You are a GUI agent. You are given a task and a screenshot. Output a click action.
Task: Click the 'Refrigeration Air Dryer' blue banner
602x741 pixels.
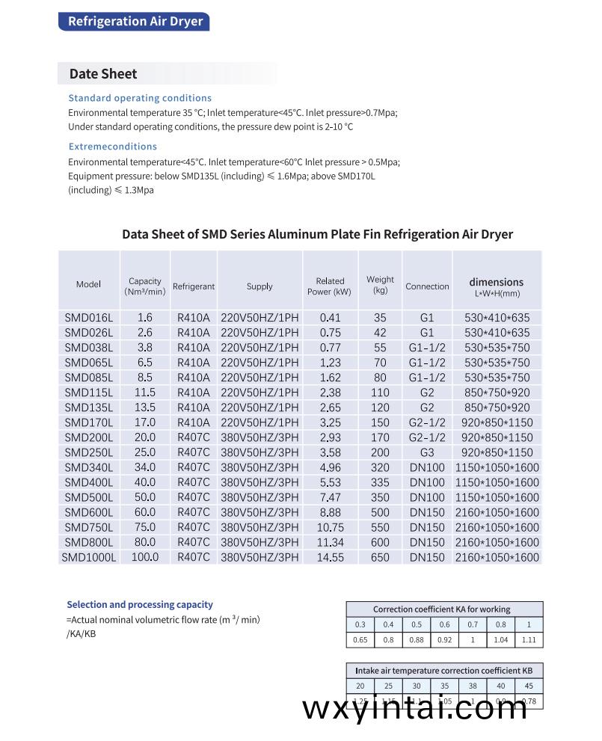[135, 21]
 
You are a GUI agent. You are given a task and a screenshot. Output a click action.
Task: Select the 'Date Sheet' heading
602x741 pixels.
[103, 74]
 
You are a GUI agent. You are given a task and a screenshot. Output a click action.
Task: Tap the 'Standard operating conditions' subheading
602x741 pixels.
[140, 98]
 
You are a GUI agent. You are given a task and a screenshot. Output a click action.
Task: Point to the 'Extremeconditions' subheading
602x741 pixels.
[113, 147]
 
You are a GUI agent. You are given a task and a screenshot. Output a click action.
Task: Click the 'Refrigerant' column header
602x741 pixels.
[194, 286]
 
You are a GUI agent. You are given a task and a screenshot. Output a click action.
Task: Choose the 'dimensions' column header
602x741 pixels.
[497, 283]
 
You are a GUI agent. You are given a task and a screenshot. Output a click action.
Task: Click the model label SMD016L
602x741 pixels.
[88, 318]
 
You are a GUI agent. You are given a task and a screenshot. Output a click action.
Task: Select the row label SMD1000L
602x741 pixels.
[89, 557]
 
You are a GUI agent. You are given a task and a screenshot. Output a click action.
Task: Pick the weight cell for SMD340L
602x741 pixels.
[380, 467]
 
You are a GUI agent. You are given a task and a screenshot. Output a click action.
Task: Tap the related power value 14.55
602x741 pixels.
[330, 557]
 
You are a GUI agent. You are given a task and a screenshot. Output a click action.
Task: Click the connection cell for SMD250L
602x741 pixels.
[427, 452]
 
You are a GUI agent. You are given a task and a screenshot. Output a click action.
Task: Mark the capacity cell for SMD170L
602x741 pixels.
[145, 422]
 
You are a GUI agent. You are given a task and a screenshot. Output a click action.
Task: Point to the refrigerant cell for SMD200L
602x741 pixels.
[194, 437]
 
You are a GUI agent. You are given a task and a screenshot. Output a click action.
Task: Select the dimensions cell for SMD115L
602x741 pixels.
[497, 393]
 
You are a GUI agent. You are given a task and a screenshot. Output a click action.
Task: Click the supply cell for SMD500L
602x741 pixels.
[259, 497]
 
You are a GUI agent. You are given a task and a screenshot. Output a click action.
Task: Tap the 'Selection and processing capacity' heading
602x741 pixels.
[140, 604]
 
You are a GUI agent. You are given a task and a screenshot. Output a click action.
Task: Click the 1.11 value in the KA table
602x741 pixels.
[529, 640]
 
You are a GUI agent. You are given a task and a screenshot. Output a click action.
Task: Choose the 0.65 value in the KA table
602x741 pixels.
[360, 640]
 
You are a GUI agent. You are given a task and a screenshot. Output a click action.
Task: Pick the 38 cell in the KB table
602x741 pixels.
[473, 686]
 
